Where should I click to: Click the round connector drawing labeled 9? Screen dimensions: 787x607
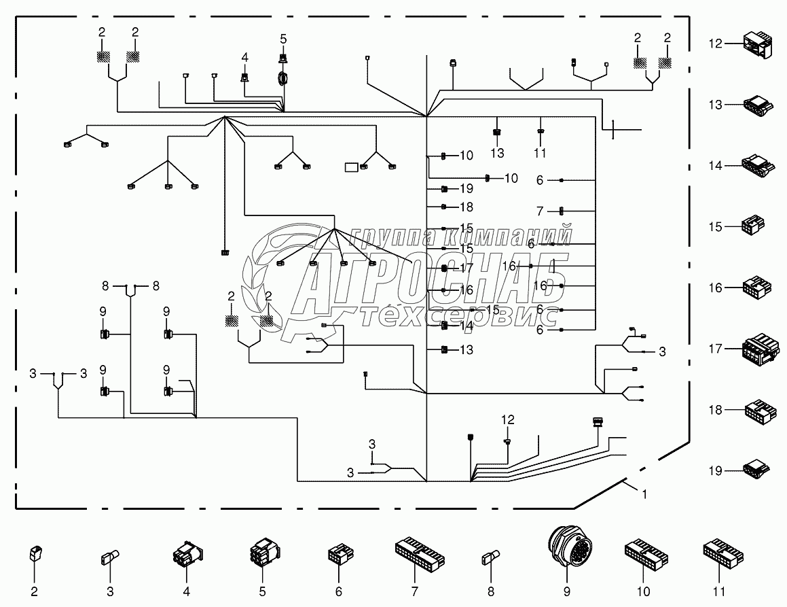click(567, 546)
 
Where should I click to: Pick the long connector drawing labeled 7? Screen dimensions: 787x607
click(420, 551)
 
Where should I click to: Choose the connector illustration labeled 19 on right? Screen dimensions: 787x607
click(757, 470)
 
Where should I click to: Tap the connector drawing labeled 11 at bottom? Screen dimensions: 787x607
click(723, 552)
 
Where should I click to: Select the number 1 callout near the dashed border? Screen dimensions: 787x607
click(644, 494)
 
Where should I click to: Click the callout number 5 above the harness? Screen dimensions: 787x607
click(283, 39)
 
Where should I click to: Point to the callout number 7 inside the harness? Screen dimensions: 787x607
click(540, 211)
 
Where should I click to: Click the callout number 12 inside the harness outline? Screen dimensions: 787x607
click(508, 419)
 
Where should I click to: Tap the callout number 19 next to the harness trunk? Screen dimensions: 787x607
click(466, 188)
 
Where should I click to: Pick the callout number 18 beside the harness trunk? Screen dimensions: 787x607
click(466, 207)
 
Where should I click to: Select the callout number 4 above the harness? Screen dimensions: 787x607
click(245, 57)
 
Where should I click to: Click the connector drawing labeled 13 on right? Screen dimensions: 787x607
click(758, 105)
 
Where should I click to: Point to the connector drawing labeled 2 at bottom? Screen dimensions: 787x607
click(34, 554)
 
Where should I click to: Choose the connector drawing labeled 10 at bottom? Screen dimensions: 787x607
click(646, 552)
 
